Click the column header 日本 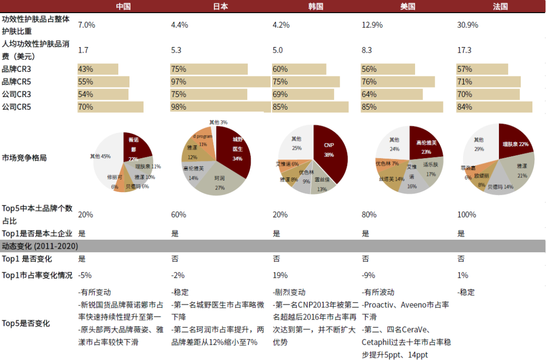click(220, 7)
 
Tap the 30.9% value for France click(467, 25)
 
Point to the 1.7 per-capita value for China click(83, 50)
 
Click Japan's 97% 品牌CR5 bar click(220, 82)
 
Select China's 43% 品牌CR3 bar click(98, 69)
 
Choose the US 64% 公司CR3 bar click(391, 94)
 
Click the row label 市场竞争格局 click(24, 157)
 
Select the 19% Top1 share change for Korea click(280, 276)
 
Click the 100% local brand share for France click(467, 214)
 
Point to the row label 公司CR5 click(17, 107)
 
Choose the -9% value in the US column click(369, 276)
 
